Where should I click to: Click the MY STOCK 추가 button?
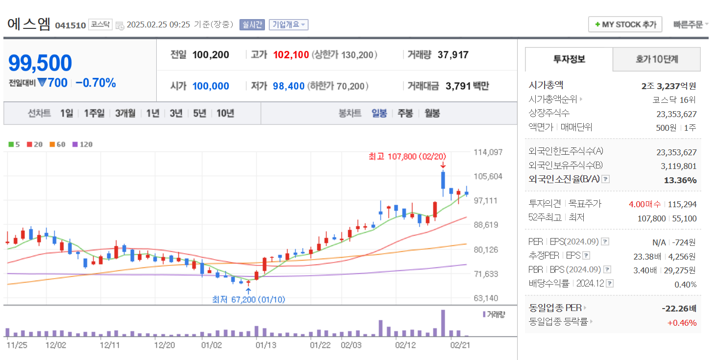[625, 24]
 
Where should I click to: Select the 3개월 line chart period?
[125, 113]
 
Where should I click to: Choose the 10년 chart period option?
[225, 113]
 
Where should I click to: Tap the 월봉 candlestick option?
[432, 113]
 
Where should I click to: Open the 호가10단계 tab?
[657, 59]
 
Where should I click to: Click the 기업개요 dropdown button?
[288, 24]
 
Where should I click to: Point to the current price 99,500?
[40, 63]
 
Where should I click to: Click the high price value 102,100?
[291, 55]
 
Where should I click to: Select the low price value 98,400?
[288, 86]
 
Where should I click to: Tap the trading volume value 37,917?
[453, 55]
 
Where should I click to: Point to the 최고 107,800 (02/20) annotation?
[407, 156]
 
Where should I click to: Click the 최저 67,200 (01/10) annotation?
[248, 299]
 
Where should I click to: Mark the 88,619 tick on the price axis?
[486, 225]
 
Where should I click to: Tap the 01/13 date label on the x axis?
[266, 345]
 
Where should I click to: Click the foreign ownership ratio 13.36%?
[680, 180]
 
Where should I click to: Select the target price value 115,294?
[682, 204]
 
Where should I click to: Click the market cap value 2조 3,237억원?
[668, 86]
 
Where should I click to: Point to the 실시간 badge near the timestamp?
[252, 24]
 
